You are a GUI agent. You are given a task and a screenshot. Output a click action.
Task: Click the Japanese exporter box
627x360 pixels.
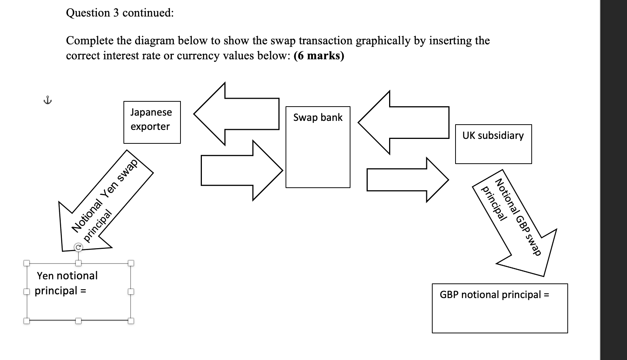tap(152, 122)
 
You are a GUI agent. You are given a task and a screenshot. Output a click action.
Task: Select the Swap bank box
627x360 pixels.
tap(318, 147)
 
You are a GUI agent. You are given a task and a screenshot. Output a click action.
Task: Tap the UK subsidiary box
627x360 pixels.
tap(493, 144)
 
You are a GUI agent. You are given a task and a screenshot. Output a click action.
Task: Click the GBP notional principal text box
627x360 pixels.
tap(499, 308)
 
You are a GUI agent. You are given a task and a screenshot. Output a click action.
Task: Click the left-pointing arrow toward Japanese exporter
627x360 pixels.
tap(240, 114)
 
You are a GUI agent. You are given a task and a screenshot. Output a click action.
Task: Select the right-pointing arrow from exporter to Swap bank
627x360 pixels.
tap(240, 170)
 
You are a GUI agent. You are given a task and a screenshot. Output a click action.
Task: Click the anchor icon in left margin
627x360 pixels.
tap(47, 100)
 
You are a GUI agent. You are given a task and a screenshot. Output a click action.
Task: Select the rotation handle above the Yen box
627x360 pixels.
tap(78, 247)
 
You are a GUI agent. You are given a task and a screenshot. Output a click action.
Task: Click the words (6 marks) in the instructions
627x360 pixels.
tap(319, 56)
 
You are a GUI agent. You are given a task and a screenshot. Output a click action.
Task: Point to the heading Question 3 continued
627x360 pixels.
tap(120, 13)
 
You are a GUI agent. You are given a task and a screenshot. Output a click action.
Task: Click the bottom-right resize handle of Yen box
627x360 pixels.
tap(131, 321)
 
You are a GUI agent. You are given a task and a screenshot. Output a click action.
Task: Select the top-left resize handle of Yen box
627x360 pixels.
tap(26, 263)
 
